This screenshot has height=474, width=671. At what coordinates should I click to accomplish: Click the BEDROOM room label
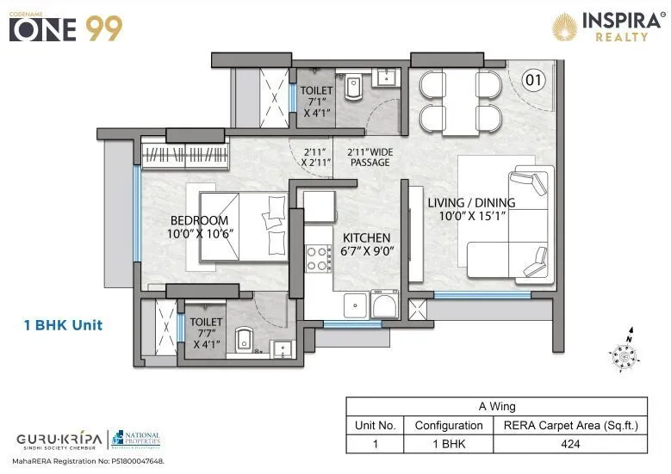[x=199, y=220]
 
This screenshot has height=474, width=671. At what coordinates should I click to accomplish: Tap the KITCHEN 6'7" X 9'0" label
[x=366, y=244]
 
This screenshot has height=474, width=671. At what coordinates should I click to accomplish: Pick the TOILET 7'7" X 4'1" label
[x=208, y=333]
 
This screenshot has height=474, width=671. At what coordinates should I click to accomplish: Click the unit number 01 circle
[x=534, y=82]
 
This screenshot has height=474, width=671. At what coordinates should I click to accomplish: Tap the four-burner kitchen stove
[x=318, y=258]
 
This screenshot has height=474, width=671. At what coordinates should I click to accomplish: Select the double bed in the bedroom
[x=243, y=225]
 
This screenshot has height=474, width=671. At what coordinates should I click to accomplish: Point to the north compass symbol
[x=624, y=350]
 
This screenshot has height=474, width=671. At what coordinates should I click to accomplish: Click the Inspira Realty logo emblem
[x=565, y=26]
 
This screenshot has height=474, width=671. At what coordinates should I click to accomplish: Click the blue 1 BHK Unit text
[x=64, y=325]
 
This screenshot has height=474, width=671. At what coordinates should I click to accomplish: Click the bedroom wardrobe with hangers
[x=185, y=155]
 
